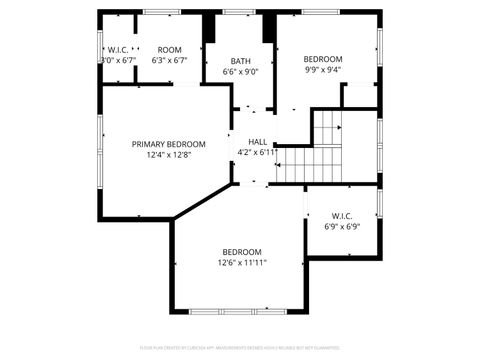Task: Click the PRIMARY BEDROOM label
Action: click(168, 144)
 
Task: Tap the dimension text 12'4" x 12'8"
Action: click(168, 155)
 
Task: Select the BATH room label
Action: click(240, 61)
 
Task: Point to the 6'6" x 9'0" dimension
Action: click(240, 72)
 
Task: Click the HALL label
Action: click(258, 142)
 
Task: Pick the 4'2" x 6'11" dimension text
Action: click(258, 153)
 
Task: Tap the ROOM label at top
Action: click(169, 50)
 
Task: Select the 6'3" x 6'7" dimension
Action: click(169, 61)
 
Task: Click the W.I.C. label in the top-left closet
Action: click(118, 50)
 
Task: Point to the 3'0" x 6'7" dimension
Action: click(118, 61)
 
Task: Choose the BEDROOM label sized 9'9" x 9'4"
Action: click(322, 59)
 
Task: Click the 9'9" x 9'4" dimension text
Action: click(322, 70)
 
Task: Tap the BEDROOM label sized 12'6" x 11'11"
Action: click(241, 252)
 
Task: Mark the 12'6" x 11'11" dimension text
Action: click(241, 263)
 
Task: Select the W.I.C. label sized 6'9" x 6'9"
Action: click(342, 215)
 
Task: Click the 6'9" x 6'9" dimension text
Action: click(342, 227)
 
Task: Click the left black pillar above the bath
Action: click(208, 28)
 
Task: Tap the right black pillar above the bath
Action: click(269, 28)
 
